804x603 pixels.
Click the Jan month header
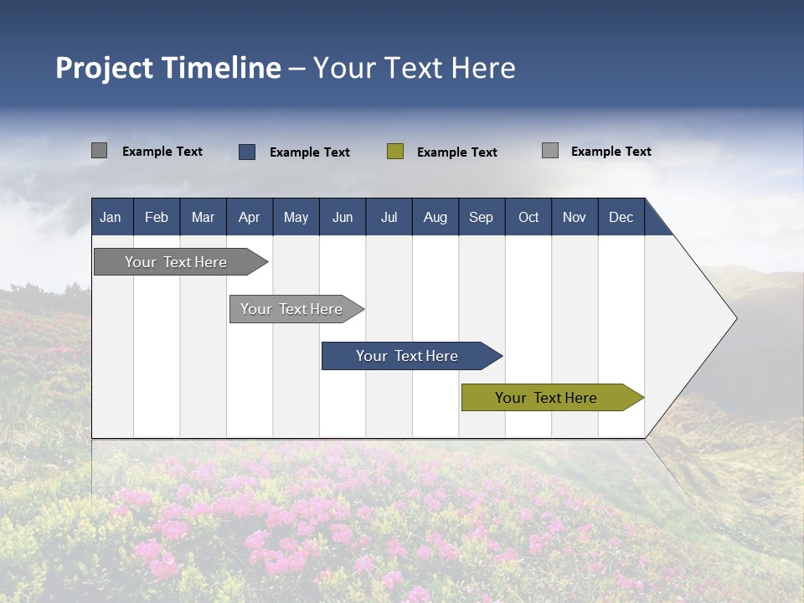[x=111, y=217]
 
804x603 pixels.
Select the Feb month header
[x=157, y=217]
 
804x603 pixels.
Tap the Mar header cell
[x=203, y=217]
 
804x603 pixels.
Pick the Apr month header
[x=249, y=217]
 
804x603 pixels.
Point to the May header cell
[x=296, y=217]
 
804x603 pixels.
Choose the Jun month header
[x=343, y=217]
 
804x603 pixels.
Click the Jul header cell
[x=389, y=217]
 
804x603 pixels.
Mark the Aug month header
[x=435, y=217]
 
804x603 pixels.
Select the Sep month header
[x=481, y=217]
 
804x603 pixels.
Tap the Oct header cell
[x=528, y=217]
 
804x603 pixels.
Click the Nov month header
[x=575, y=217]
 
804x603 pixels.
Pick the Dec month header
[x=621, y=217]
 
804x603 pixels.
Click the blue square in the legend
[x=247, y=152]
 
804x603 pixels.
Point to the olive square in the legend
[x=395, y=152]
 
